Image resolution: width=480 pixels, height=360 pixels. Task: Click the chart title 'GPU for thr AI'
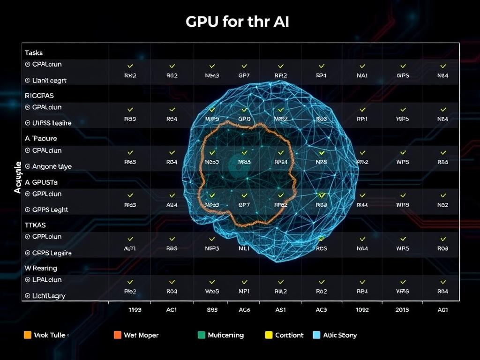coord(237,22)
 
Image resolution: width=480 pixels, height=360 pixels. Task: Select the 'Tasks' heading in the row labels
coord(34,53)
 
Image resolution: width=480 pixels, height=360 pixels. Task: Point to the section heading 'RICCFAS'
coord(39,95)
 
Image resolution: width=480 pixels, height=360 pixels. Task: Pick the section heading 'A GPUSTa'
coord(41,182)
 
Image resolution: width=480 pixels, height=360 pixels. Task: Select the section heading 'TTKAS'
coord(35,225)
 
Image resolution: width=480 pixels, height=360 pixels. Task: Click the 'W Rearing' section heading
coord(41,268)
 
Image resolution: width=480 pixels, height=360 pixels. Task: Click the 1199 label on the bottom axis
coord(135,310)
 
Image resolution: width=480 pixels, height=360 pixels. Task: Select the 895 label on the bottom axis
coord(212,310)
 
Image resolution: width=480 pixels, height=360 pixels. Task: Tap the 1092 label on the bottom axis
coord(362,310)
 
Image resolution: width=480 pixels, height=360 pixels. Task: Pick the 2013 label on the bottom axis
coord(402,310)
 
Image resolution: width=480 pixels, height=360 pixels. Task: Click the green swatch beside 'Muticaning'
coord(201,335)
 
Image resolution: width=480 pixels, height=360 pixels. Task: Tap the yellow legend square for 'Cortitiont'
coord(269,335)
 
